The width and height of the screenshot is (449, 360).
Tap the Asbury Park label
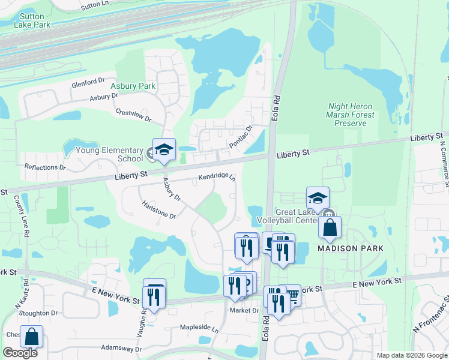pos(133,86)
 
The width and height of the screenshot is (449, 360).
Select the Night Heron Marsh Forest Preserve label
pos(351,114)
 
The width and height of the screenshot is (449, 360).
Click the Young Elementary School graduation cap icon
pos(163,151)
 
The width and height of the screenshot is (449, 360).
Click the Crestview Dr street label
pos(133,115)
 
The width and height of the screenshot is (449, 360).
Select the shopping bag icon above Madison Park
pos(330,228)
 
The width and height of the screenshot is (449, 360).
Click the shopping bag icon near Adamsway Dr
pos(31,337)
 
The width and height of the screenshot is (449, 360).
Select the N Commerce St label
pos(445,158)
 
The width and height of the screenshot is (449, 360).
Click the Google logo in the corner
pos(20,353)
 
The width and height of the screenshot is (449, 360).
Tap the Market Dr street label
pos(244,310)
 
